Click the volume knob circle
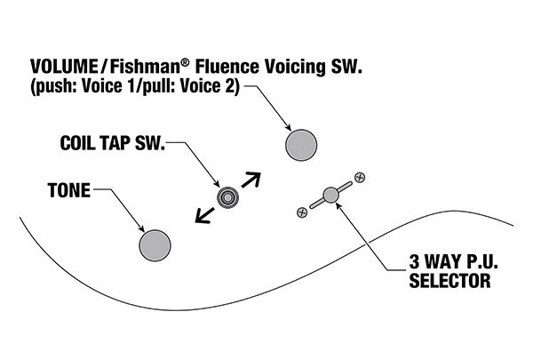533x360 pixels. click(x=301, y=145)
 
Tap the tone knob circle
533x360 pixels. click(x=155, y=244)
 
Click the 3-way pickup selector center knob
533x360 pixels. click(x=330, y=195)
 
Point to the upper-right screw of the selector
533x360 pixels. click(x=359, y=178)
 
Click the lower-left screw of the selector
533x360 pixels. click(x=302, y=212)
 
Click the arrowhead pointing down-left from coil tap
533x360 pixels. click(x=201, y=218)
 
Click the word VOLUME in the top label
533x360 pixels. click(x=67, y=67)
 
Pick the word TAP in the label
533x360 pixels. click(x=118, y=143)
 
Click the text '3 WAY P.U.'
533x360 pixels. click(x=449, y=264)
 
